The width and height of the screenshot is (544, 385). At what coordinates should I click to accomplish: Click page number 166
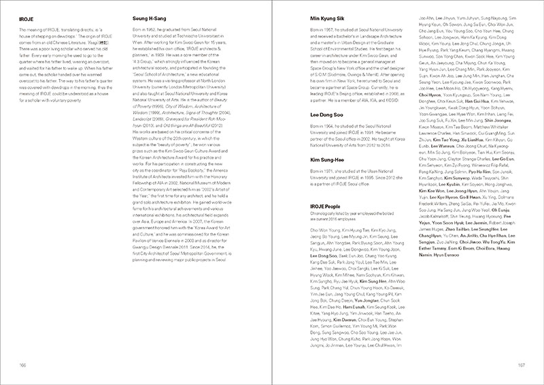24,366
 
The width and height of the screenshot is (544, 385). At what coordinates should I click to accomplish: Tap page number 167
520,366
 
